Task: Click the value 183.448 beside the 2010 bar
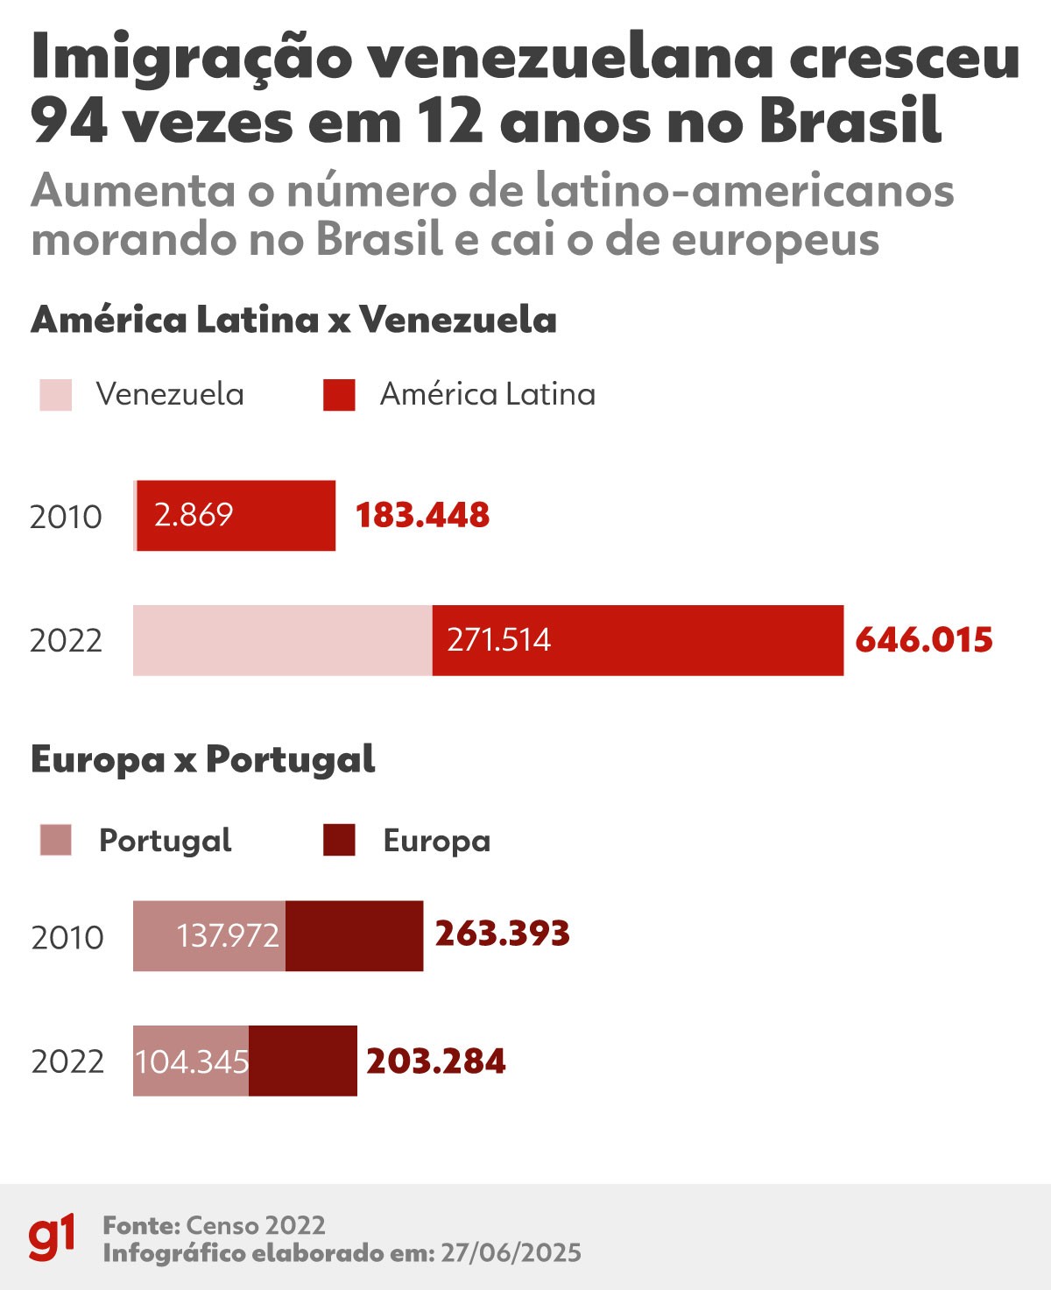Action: tap(422, 516)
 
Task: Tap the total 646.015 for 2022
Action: tap(924, 640)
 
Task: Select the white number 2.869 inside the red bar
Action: tap(194, 515)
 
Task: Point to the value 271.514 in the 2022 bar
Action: tap(499, 640)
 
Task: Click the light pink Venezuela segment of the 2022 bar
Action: tap(282, 640)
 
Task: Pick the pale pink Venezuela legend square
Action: tap(56, 395)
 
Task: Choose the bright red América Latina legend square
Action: tap(339, 395)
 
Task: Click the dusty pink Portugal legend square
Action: tap(56, 840)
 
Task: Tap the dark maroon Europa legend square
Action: tap(339, 840)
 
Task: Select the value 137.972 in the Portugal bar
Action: tap(228, 936)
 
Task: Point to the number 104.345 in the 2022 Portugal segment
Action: tap(192, 1061)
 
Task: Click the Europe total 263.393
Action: tap(503, 934)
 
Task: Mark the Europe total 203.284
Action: tap(436, 1061)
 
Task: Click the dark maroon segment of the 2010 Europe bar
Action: tap(354, 936)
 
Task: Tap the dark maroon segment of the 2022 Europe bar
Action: tap(303, 1061)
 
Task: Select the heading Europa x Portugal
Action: tap(203, 759)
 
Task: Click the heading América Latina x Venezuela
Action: tap(293, 320)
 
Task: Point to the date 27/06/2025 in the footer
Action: tap(511, 1253)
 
